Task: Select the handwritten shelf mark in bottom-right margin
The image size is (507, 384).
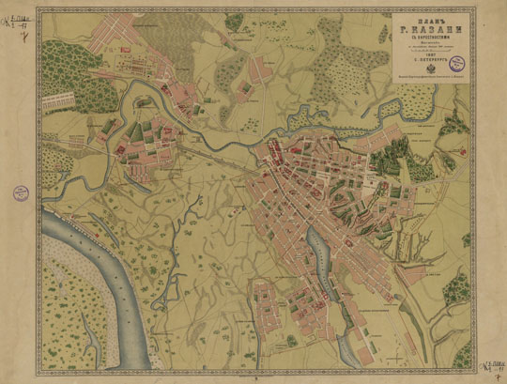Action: (491, 368)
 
